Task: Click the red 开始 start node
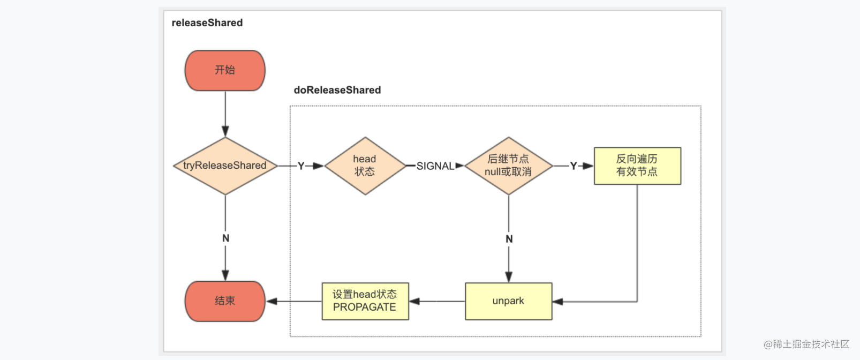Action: pyautogui.click(x=225, y=71)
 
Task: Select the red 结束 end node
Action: pyautogui.click(x=225, y=301)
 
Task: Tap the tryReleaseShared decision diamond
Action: pyautogui.click(x=225, y=166)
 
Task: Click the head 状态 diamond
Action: pyautogui.click(x=365, y=166)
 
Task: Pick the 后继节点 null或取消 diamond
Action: pyautogui.click(x=509, y=166)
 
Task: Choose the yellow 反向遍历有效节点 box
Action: pyautogui.click(x=637, y=166)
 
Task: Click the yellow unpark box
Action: pyautogui.click(x=509, y=301)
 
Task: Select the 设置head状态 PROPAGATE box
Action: pyautogui.click(x=365, y=301)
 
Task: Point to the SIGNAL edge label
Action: pyautogui.click(x=435, y=166)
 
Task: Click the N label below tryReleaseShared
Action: pyautogui.click(x=226, y=238)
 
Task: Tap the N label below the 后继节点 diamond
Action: pyautogui.click(x=509, y=239)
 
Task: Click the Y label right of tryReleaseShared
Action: pyautogui.click(x=301, y=166)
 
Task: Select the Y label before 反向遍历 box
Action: pyautogui.click(x=573, y=166)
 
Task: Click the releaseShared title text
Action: pyautogui.click(x=207, y=23)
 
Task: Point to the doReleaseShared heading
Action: pyautogui.click(x=337, y=90)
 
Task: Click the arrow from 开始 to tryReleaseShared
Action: pyautogui.click(x=225, y=114)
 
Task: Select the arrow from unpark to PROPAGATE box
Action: pyautogui.click(x=437, y=301)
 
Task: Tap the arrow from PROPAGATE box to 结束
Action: pyautogui.click(x=293, y=301)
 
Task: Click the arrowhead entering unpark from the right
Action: pyautogui.click(x=558, y=302)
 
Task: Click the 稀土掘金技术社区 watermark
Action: pyautogui.click(x=806, y=344)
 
